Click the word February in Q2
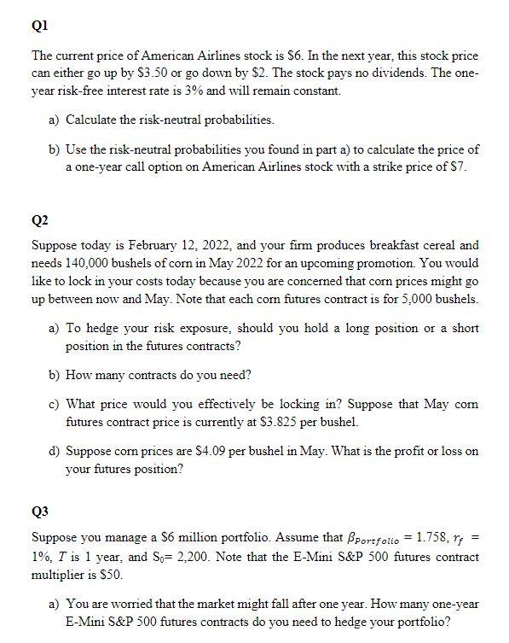pyautogui.click(x=135, y=245)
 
